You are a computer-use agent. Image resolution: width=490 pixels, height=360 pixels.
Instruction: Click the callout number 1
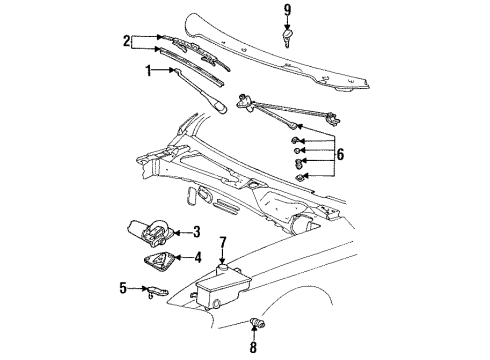coord(149,71)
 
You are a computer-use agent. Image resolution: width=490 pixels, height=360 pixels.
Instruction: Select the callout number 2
coord(126,41)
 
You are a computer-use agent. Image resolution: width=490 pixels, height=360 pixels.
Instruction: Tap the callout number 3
coord(197,232)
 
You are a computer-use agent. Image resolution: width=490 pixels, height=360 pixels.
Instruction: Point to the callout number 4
coord(198,257)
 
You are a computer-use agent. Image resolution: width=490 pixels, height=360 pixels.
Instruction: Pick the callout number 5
coord(123,288)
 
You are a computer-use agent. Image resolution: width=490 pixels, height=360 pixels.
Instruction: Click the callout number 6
coord(340,154)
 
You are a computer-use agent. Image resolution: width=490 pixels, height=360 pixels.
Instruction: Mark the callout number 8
coord(253,347)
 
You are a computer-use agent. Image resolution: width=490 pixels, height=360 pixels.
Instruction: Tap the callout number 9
coord(287,10)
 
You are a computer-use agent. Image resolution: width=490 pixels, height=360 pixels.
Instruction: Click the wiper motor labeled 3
coord(149,233)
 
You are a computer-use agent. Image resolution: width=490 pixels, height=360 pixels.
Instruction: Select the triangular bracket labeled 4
coord(159,261)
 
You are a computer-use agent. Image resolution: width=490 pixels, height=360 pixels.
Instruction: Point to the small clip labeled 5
coord(156,291)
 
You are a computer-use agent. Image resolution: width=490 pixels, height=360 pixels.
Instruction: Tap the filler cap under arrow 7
coord(222,268)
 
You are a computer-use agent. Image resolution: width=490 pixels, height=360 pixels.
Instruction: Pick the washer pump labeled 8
coord(258,322)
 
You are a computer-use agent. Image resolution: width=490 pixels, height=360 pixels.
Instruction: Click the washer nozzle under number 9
coord(287,38)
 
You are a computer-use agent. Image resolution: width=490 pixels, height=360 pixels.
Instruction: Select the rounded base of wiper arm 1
coord(219,108)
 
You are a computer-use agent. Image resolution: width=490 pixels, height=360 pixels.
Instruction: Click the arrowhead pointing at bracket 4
coord(177,257)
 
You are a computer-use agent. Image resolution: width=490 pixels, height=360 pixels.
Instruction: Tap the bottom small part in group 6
coord(300,177)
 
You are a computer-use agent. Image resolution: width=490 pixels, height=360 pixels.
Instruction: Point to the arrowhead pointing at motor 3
coord(176,232)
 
